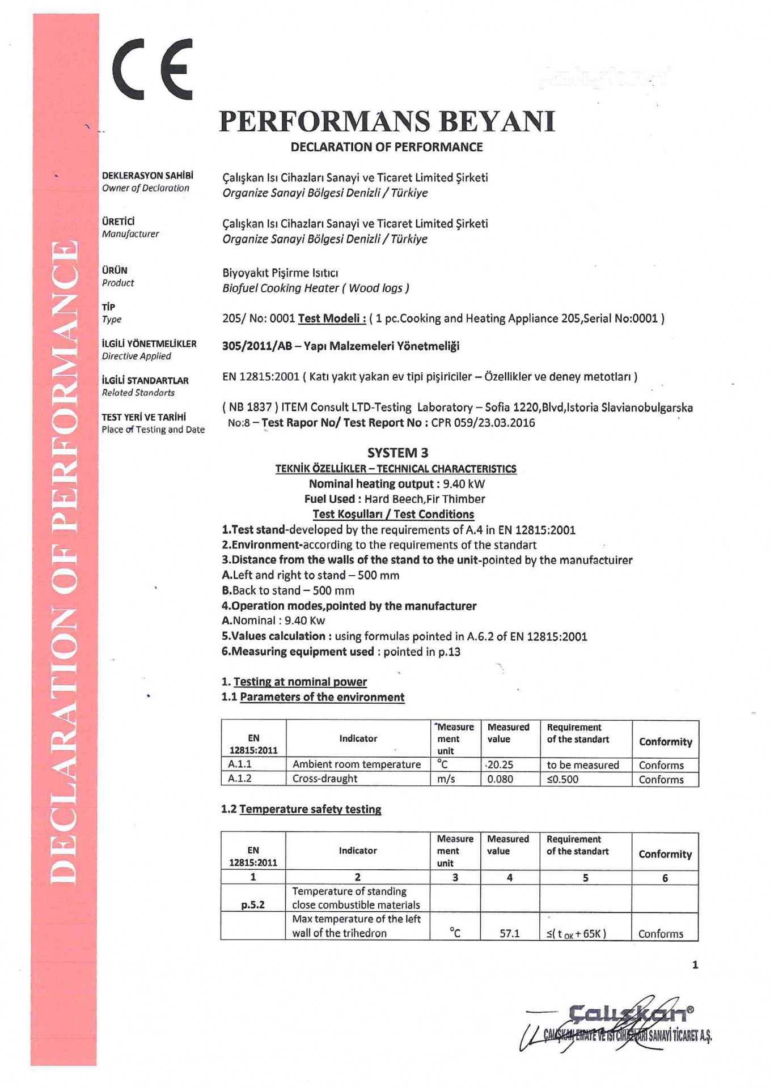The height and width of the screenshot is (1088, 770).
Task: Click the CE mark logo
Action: [x=153, y=69]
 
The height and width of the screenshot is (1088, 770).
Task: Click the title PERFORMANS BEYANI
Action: [x=387, y=121]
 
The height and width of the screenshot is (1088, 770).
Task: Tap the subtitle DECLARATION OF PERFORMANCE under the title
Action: [x=387, y=147]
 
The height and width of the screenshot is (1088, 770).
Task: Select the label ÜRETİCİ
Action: [x=119, y=222]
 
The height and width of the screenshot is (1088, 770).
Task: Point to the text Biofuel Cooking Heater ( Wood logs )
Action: [x=316, y=288]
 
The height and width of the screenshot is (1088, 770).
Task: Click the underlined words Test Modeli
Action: [x=332, y=318]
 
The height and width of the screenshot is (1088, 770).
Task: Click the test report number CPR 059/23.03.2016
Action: [x=483, y=423]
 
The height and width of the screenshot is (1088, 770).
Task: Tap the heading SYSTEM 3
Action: [x=397, y=453]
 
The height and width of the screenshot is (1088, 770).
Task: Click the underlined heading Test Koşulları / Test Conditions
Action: [x=394, y=515]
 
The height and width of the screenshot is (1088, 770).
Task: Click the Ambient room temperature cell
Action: [x=357, y=764]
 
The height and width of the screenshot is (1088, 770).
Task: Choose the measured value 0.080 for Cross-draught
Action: [x=500, y=779]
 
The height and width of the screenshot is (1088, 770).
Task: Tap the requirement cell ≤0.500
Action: [x=562, y=779]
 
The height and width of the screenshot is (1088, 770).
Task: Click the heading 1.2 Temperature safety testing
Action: [x=301, y=809]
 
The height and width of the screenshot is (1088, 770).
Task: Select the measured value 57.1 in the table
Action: [x=509, y=933]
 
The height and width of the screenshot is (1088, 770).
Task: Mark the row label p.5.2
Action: [x=253, y=905]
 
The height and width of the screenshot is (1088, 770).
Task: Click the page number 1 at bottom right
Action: [x=695, y=965]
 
